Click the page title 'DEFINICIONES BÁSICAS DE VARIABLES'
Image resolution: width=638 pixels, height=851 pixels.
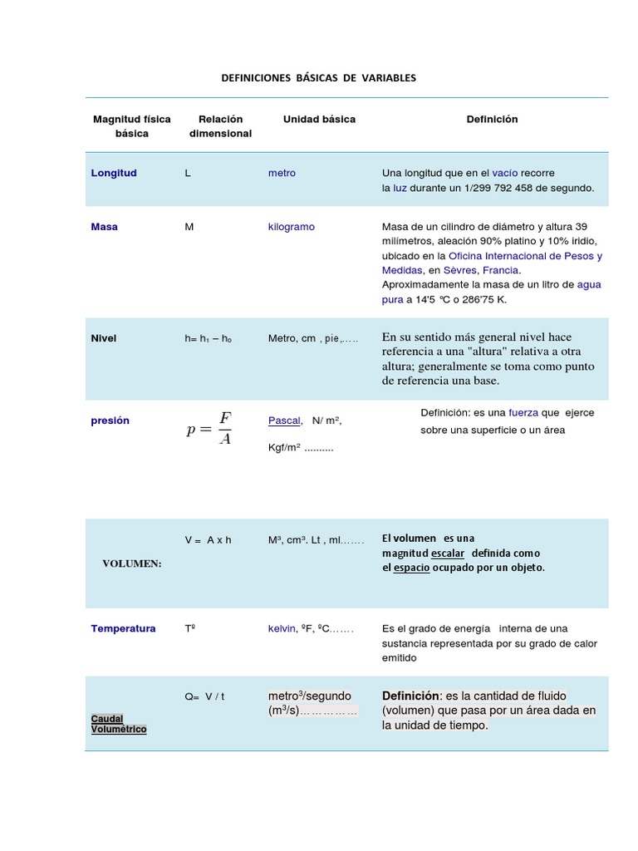tap(318, 77)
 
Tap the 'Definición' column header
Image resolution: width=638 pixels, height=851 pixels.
tap(492, 119)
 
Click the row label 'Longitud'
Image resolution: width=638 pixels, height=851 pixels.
tap(114, 173)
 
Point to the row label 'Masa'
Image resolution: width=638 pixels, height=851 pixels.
tap(104, 227)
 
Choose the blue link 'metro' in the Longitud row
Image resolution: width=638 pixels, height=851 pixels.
tap(282, 173)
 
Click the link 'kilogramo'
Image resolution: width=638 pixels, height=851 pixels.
tap(291, 227)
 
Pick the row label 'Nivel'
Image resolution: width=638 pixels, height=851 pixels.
tap(104, 338)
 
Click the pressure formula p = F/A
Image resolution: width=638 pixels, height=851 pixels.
tap(209, 427)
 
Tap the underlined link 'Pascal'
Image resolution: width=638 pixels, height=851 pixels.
tap(284, 421)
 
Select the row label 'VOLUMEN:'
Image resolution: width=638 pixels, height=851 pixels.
tap(132, 563)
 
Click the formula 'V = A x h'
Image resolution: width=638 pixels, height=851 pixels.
tap(208, 540)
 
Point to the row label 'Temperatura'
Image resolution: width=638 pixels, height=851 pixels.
tap(123, 628)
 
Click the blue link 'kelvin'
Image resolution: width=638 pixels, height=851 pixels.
tap(282, 628)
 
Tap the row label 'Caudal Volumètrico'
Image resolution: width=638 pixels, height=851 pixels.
tap(118, 724)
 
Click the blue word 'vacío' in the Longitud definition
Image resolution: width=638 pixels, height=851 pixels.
tap(504, 173)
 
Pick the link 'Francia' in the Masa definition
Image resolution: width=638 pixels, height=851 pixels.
tap(500, 270)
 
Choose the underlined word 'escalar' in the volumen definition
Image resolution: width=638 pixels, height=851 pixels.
tap(448, 553)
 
